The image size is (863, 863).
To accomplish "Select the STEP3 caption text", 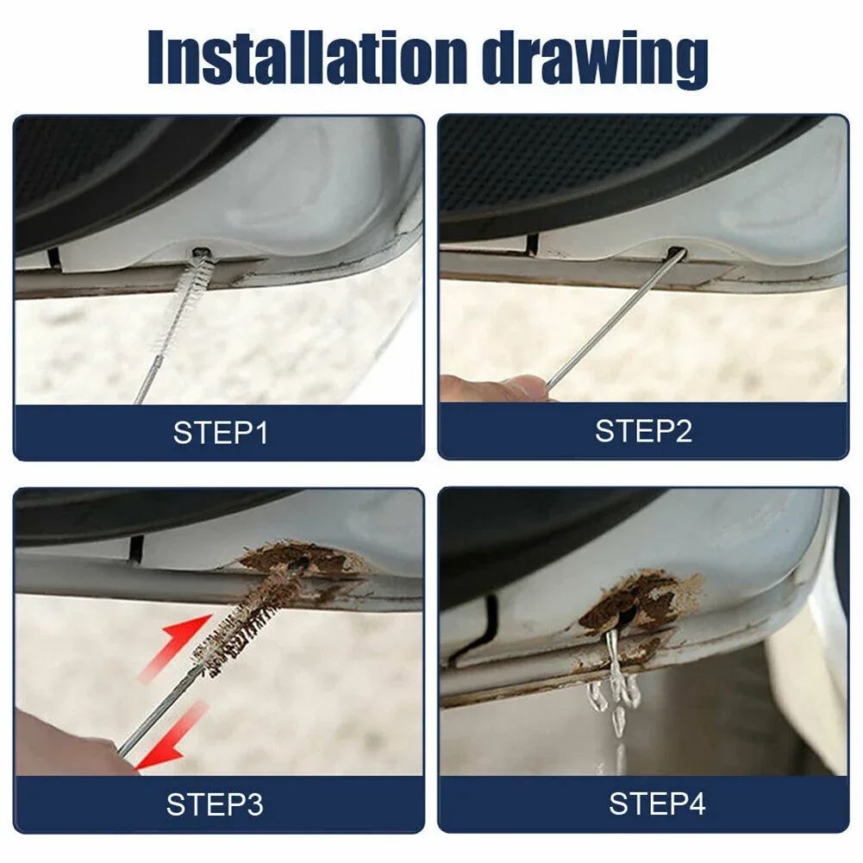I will [215, 804].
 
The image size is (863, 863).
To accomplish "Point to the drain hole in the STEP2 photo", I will [675, 253].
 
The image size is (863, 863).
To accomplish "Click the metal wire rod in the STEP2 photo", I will [612, 320].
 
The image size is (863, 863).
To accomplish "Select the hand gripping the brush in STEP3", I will [60, 741].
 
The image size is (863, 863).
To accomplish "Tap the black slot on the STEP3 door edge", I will [134, 547].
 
